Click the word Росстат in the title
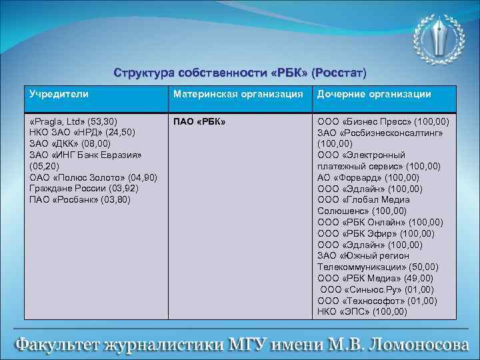coord(340,71)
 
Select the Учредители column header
coord(59,95)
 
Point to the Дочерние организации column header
coord(374,95)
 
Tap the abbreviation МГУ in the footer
coord(248,344)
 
